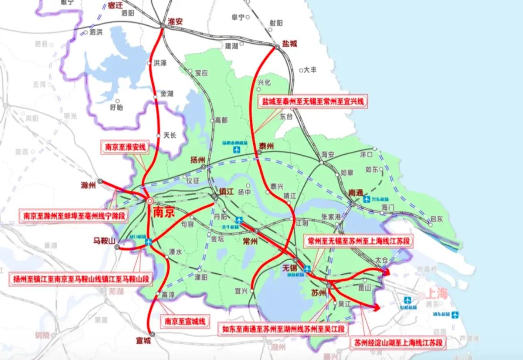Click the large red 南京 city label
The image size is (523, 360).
(164, 212)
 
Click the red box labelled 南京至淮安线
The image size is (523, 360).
(124, 147)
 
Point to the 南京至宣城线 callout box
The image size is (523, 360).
(184, 321)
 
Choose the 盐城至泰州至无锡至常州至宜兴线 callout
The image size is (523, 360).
(312, 102)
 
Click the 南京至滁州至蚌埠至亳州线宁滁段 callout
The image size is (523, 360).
(74, 214)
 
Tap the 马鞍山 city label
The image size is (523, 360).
(104, 241)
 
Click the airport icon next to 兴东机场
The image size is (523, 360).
(368, 200)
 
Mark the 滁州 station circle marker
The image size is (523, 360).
(100, 181)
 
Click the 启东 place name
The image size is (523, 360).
(436, 219)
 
